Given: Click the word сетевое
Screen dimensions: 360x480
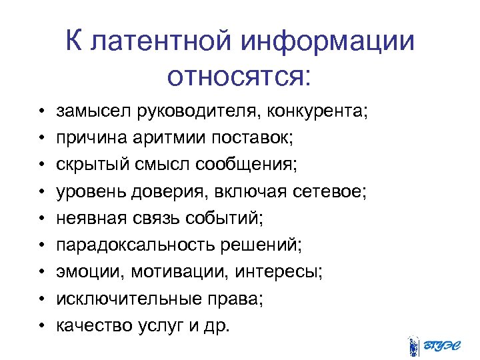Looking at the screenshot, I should click(x=330, y=191).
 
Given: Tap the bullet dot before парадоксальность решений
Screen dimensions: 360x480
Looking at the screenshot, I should click(x=41, y=245).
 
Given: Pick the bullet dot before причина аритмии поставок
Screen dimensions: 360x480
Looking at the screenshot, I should click(x=41, y=138).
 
